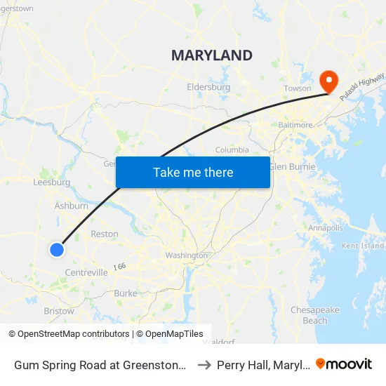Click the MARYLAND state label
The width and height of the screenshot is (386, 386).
click(212, 55)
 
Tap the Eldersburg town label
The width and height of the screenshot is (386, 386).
click(208, 87)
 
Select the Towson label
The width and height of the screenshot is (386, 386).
click(297, 88)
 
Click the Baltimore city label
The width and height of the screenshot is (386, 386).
click(295, 124)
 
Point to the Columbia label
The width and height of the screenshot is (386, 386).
click(232, 149)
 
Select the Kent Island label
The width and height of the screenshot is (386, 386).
click(364, 246)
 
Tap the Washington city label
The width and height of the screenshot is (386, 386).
click(187, 255)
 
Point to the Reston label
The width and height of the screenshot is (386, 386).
click(105, 234)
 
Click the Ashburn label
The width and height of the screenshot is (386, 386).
click(72, 206)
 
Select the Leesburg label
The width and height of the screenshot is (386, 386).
click(52, 182)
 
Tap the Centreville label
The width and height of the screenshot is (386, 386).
click(86, 272)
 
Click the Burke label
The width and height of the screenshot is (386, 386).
click(126, 293)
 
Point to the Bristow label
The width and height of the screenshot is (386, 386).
click(59, 311)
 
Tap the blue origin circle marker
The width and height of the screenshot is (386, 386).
click(58, 249)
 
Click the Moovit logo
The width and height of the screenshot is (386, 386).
click(344, 364)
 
